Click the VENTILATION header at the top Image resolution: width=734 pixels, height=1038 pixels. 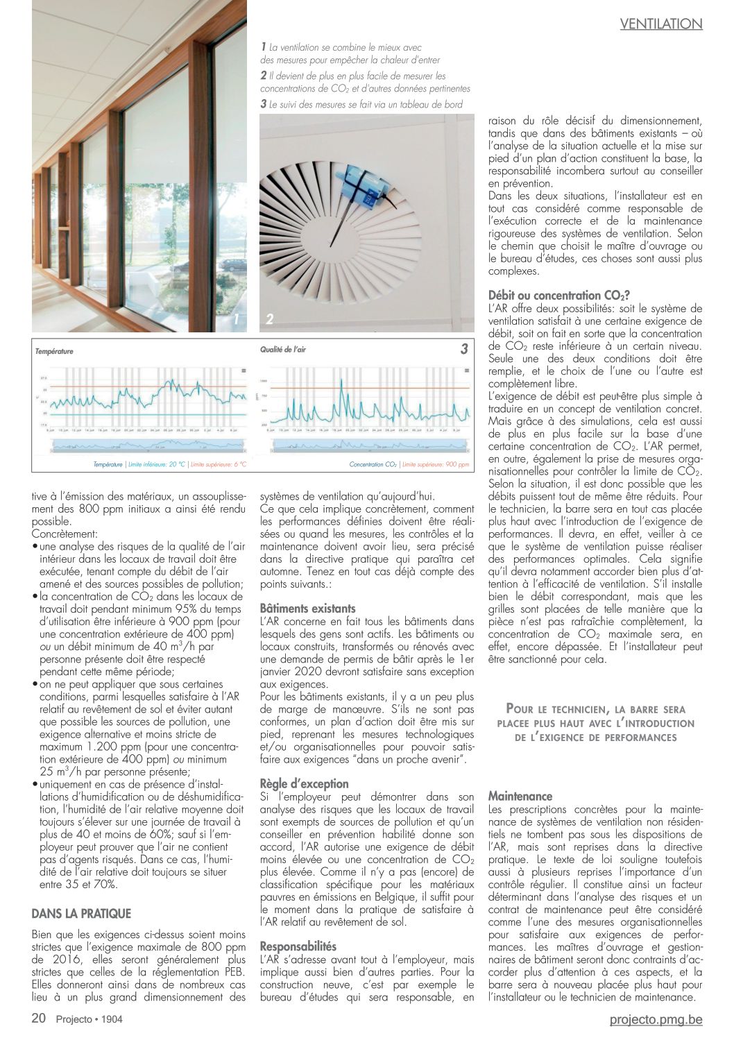(x=660, y=24)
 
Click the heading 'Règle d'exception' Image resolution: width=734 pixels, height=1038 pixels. (x=304, y=783)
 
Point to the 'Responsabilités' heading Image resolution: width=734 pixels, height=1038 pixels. (x=298, y=946)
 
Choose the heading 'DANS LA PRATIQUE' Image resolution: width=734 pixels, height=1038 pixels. (x=81, y=912)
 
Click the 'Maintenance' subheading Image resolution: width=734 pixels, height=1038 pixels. (x=520, y=796)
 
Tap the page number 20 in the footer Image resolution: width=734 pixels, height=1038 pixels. (x=39, y=1019)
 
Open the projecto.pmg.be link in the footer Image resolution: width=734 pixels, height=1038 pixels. (x=656, y=1019)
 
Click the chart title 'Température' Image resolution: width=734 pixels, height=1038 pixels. (x=54, y=352)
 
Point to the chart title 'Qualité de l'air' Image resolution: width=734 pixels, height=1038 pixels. (x=283, y=350)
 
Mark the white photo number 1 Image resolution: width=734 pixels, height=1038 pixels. (x=236, y=319)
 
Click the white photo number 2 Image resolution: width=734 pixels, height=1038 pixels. (x=269, y=320)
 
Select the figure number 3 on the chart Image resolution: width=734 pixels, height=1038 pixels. (x=463, y=350)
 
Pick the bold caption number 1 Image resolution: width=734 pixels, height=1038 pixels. (x=264, y=46)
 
